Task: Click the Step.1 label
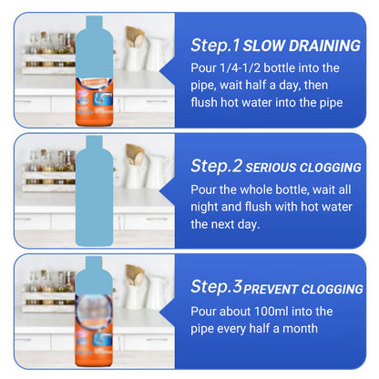click(x=215, y=45)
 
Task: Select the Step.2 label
click(x=216, y=166)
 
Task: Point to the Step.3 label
click(x=216, y=287)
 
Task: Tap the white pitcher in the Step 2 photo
click(x=137, y=173)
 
